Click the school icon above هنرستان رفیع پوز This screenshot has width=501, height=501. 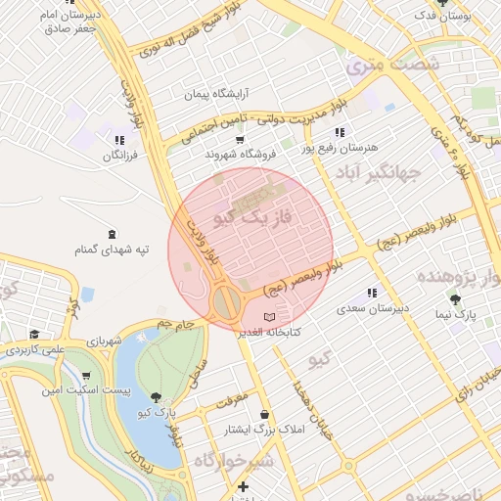(x=339, y=131)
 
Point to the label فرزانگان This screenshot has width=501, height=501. (x=119, y=155)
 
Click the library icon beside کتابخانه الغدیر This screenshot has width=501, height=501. (x=271, y=317)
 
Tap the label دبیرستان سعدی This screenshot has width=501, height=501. (x=372, y=308)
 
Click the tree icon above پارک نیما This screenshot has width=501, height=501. (x=455, y=298)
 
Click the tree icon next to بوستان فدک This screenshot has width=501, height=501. (x=443, y=3)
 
